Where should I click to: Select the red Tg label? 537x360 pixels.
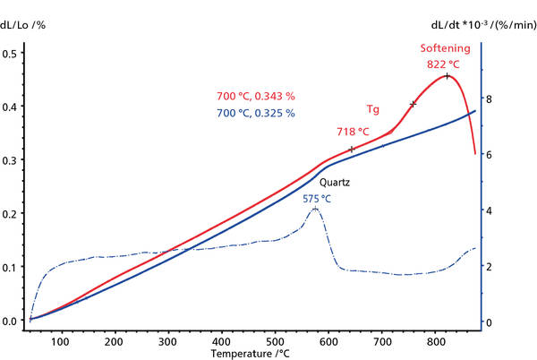tap(373, 109)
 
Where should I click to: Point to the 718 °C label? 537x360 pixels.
tap(352, 132)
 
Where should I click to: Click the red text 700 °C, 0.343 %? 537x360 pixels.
tap(255, 97)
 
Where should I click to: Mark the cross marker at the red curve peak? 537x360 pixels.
tap(447, 76)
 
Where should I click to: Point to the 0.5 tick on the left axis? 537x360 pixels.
tap(11, 55)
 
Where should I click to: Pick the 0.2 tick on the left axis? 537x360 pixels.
tap(11, 214)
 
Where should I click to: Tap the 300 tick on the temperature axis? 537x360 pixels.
tap(167, 341)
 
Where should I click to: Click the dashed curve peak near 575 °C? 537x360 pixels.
tap(316, 208)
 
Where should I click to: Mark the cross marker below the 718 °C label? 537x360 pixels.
tap(352, 149)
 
